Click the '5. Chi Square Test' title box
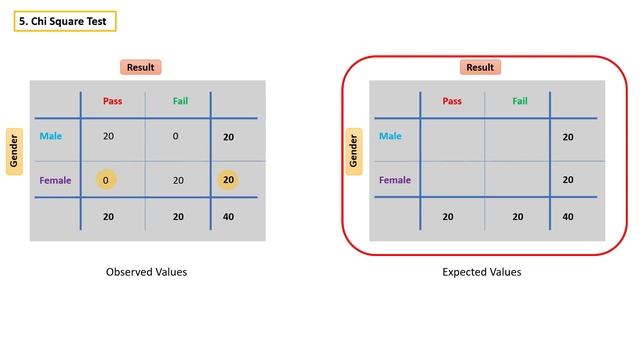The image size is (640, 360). (x=65, y=21)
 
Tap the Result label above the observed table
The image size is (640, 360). (x=141, y=67)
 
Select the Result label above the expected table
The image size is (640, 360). (x=480, y=67)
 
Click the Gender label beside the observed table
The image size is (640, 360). (x=15, y=151)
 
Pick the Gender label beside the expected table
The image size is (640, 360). (x=354, y=151)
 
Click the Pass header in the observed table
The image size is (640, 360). (x=112, y=101)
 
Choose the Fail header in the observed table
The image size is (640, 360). (x=179, y=101)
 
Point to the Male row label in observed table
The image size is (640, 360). (x=52, y=136)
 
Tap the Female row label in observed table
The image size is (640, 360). (x=56, y=180)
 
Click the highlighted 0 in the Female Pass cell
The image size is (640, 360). (x=106, y=180)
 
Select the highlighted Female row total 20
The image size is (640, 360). (x=229, y=180)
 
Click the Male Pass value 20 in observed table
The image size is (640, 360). (x=108, y=136)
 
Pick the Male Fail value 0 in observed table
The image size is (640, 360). (x=175, y=136)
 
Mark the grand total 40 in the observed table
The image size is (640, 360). (x=229, y=216)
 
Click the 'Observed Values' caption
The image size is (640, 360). (x=146, y=271)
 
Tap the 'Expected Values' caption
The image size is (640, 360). (x=482, y=271)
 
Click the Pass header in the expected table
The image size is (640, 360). (x=452, y=101)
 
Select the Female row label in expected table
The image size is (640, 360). (x=395, y=180)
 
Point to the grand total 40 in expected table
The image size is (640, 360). (x=568, y=216)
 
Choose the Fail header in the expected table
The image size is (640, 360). (x=520, y=101)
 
